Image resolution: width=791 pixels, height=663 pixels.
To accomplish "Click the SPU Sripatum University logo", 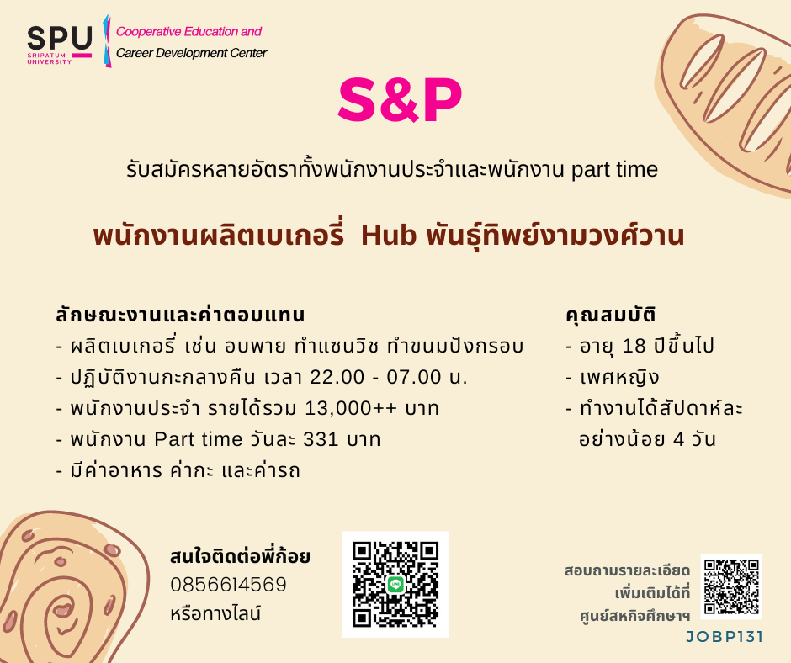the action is [60, 45].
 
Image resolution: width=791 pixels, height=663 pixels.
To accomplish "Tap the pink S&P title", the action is [400, 100].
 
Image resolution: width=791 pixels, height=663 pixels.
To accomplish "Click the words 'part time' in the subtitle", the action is [614, 170].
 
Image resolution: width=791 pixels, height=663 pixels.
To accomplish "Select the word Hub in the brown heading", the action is [389, 235].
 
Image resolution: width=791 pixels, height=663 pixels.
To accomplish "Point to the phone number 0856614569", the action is [229, 585].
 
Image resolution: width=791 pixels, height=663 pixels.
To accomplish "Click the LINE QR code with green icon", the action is [395, 584].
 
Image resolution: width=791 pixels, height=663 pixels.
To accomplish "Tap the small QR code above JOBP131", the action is [731, 586].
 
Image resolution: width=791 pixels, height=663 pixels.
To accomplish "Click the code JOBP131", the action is [725, 637].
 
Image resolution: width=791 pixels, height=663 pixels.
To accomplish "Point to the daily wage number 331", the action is [321, 439].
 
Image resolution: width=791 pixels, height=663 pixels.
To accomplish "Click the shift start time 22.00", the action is [337, 377].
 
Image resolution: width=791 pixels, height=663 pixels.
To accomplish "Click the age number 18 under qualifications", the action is [634, 346].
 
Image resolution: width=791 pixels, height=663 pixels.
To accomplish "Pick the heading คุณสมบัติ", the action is [611, 315].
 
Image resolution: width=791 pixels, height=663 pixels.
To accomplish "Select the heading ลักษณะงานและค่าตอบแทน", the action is [180, 315].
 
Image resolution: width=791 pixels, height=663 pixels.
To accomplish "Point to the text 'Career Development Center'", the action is [191, 53].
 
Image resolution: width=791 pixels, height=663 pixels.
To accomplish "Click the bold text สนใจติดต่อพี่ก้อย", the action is [240, 556].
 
